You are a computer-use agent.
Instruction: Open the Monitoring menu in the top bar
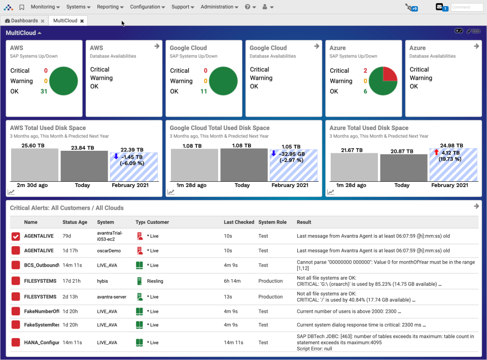pos(45,7)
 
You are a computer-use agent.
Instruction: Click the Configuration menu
pos(147,7)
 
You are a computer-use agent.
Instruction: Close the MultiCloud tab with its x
pos(82,21)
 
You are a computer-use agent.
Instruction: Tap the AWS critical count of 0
pos(46,71)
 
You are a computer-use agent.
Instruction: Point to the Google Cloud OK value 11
pos(203,91)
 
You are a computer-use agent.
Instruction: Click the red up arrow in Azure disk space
pos(436,152)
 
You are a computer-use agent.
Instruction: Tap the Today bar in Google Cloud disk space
pos(243,165)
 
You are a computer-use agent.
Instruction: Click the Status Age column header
pos(75,222)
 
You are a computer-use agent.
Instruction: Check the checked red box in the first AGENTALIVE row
pos(16,236)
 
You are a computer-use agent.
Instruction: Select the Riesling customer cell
pos(156,281)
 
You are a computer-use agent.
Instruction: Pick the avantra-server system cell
pos(112,297)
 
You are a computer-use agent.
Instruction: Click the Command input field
pos(467,7)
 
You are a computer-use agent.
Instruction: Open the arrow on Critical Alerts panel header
pos(476,206)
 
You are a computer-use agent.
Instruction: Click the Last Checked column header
pos(238,222)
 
